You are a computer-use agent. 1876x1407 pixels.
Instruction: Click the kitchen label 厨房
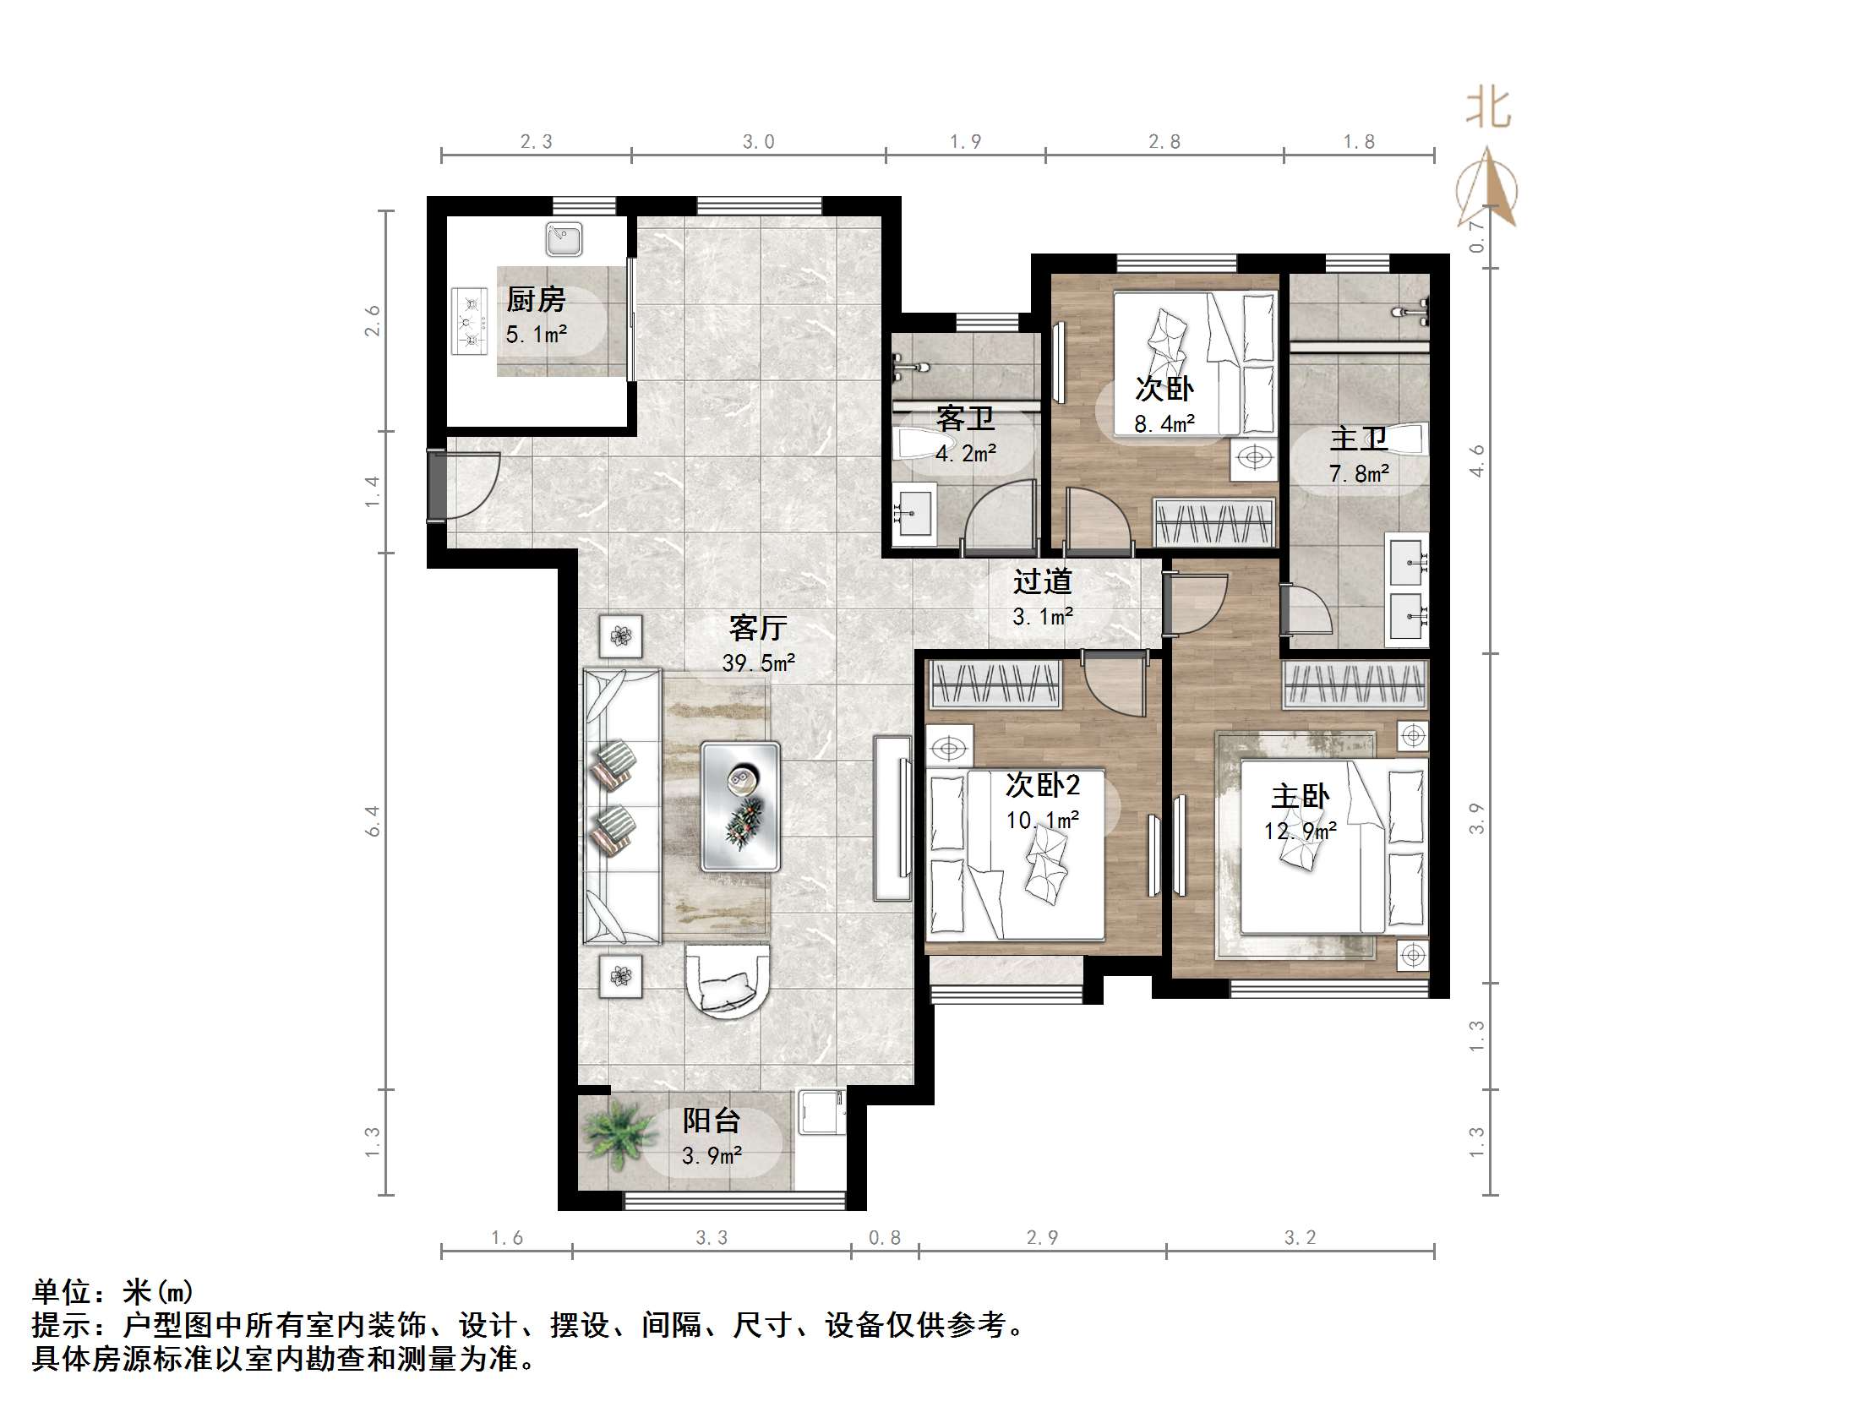tap(536, 299)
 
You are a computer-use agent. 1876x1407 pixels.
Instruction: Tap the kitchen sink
tap(564, 239)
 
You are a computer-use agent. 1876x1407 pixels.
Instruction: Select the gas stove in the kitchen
tap(470, 320)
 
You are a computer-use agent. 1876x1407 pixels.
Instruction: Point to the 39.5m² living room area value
tap(759, 663)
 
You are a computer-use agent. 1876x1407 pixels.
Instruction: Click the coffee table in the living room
tap(740, 806)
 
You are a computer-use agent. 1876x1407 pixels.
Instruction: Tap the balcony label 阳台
tap(712, 1121)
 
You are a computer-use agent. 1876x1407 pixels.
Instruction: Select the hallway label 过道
tap(1042, 581)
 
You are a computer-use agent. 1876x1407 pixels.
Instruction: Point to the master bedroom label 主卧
tap(1301, 795)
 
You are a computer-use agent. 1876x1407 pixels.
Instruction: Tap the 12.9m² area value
tap(1301, 832)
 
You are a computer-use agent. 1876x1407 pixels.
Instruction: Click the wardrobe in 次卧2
tap(995, 684)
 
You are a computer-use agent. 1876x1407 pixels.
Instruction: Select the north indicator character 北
tap(1488, 108)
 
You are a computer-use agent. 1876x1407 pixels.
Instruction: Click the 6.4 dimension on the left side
tap(373, 821)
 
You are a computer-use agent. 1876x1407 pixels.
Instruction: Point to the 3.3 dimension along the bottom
tap(712, 1238)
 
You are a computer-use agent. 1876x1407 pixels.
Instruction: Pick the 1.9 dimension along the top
tap(966, 142)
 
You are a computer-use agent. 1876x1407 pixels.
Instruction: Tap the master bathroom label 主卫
tap(1359, 439)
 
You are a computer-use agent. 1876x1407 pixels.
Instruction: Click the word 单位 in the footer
tap(62, 1292)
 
